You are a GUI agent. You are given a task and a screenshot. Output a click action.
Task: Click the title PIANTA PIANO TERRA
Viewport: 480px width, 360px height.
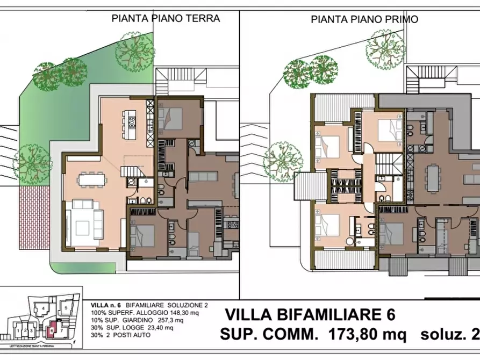(x=166, y=18)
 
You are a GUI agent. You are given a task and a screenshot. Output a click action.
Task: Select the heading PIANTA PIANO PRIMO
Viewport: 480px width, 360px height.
(x=364, y=19)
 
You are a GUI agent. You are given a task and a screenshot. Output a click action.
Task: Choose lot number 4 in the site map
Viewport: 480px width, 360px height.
(x=42, y=309)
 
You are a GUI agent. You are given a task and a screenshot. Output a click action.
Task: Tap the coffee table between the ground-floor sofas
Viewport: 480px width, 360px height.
(x=84, y=217)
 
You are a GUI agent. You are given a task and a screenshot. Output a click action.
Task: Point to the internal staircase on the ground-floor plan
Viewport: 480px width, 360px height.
(x=132, y=171)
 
